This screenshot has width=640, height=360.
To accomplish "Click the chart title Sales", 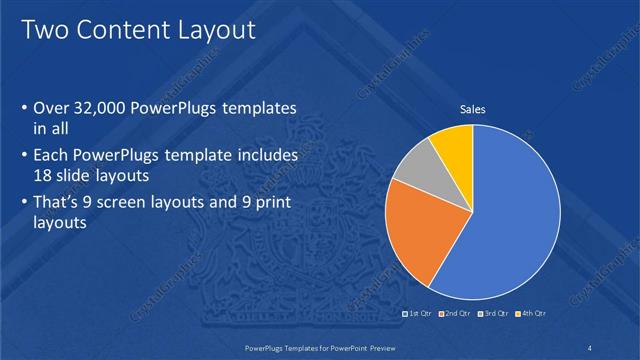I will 472,110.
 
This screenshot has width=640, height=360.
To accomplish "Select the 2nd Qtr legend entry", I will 456,314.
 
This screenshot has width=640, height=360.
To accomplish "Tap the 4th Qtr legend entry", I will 532,314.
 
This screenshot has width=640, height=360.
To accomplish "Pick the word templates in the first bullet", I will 264,108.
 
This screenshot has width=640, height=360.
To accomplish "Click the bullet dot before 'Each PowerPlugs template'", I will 24,157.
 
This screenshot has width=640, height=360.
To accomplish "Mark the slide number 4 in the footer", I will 590,347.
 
